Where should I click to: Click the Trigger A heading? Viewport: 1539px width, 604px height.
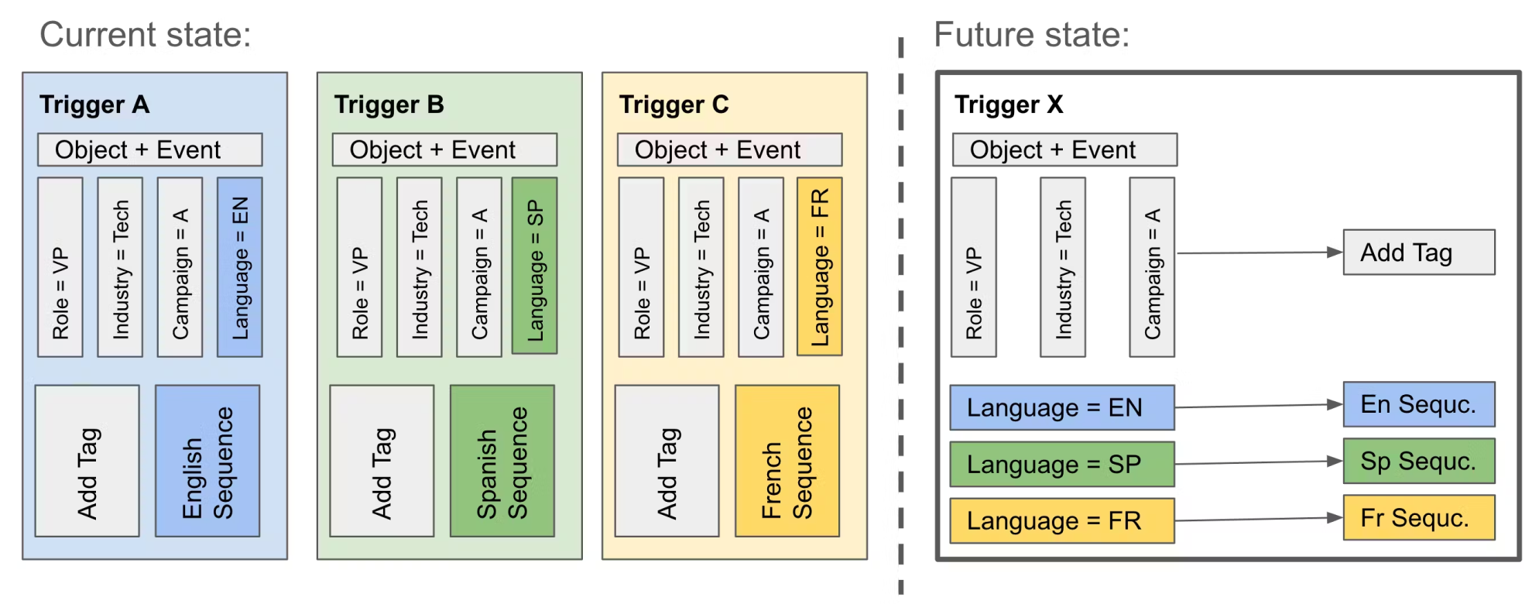94,105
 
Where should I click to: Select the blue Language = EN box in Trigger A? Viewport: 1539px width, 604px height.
240,267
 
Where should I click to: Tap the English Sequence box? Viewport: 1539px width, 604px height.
207,461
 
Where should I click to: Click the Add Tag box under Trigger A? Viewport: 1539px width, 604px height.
87,461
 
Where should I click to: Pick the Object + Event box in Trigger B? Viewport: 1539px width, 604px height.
444,149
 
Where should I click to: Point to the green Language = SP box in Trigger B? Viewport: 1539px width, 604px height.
535,266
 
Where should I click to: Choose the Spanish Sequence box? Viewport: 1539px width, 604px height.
502,461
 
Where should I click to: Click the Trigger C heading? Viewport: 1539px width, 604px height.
674,105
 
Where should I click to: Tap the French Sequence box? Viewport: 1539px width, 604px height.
787,461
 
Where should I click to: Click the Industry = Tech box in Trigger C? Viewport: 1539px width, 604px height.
701,267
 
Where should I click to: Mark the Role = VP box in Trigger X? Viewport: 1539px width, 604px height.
974,267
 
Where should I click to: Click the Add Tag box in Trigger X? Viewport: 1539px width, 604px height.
1419,252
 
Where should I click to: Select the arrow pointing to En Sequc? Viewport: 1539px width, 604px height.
1259,406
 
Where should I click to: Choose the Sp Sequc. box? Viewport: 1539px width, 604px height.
1419,461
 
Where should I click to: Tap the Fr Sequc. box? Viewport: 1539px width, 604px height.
1419,517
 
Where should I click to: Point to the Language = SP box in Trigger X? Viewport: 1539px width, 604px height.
1062,464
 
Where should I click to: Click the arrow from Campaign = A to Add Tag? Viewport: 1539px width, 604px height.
1259,252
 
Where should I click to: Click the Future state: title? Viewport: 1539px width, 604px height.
1031,35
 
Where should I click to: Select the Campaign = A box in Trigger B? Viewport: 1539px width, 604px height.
479,267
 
